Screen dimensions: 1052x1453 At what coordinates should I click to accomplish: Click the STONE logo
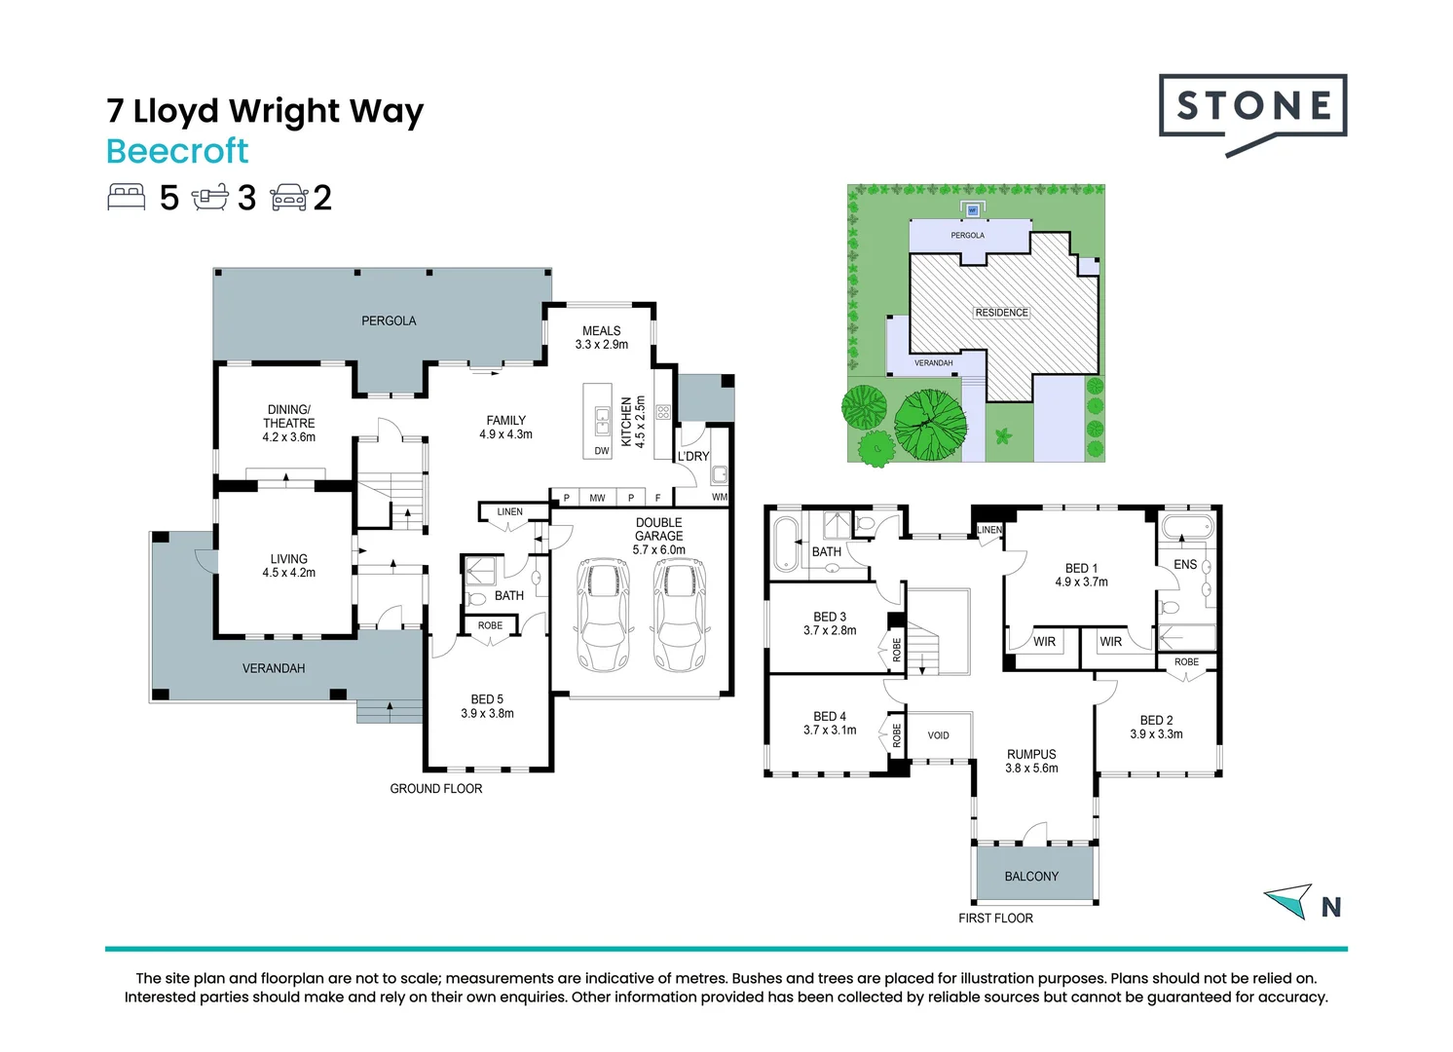(1252, 107)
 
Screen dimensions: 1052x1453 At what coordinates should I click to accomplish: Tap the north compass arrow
(1289, 900)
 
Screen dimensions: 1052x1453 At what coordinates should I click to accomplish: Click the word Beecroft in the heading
(177, 151)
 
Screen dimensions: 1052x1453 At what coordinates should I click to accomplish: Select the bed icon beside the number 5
(127, 197)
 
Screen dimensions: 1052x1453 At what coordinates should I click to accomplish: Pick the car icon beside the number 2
(289, 197)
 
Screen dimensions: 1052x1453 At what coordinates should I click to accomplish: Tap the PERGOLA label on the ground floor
(389, 320)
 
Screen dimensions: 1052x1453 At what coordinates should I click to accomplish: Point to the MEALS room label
(601, 331)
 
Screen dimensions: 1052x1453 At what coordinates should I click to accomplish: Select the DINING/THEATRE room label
(288, 417)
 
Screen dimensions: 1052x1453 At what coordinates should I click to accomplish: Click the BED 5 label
(487, 699)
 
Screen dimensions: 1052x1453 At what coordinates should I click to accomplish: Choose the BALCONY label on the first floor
(1031, 877)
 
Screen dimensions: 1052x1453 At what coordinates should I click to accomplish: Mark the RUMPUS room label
(1031, 755)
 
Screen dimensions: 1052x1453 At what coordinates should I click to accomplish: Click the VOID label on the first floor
(938, 735)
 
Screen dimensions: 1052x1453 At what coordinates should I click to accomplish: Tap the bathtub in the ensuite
(1187, 529)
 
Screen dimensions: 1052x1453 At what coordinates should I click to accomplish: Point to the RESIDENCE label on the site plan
(1001, 313)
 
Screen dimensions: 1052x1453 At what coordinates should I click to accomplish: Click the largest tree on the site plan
(931, 425)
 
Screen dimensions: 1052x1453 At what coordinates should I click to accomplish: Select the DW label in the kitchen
(601, 451)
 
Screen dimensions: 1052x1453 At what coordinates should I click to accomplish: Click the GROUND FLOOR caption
(435, 789)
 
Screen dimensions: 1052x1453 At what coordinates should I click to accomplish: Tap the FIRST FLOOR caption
(995, 919)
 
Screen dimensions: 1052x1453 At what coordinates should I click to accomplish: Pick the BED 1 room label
(1081, 568)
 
